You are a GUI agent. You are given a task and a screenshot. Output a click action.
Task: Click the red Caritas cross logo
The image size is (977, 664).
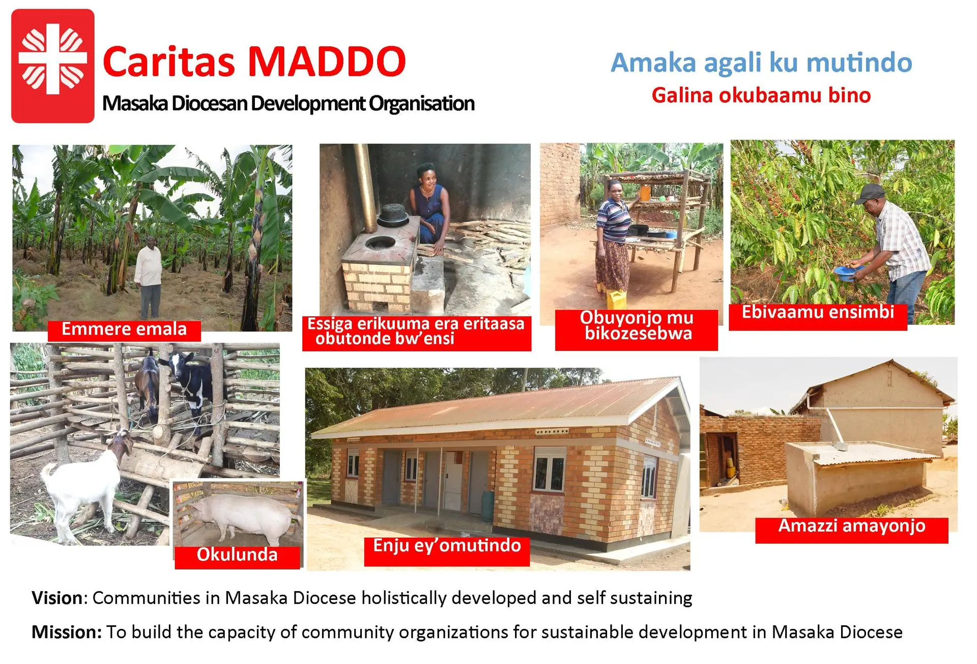(53, 66)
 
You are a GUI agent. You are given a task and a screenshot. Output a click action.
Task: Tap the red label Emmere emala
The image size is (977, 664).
(124, 330)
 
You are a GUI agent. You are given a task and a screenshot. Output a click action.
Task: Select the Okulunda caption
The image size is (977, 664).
(237, 556)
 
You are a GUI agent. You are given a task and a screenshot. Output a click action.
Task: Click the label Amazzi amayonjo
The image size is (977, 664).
(851, 527)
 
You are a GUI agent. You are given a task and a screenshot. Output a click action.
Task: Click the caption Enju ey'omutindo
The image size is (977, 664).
(447, 547)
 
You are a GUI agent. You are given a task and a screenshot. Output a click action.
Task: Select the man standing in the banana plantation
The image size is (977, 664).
(149, 277)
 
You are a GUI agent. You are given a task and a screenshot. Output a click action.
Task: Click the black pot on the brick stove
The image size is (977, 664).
(393, 215)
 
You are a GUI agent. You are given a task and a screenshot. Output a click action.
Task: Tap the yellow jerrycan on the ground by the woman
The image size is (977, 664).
(617, 300)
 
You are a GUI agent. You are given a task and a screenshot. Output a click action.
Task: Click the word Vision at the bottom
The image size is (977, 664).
(56, 598)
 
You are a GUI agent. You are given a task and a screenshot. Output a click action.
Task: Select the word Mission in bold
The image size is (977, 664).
(67, 632)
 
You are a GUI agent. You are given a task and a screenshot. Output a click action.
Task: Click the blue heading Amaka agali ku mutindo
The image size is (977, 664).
(761, 63)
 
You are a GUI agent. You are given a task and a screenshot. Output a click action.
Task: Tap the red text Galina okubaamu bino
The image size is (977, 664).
(761, 95)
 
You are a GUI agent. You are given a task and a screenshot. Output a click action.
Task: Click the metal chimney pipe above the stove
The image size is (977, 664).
(365, 187)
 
